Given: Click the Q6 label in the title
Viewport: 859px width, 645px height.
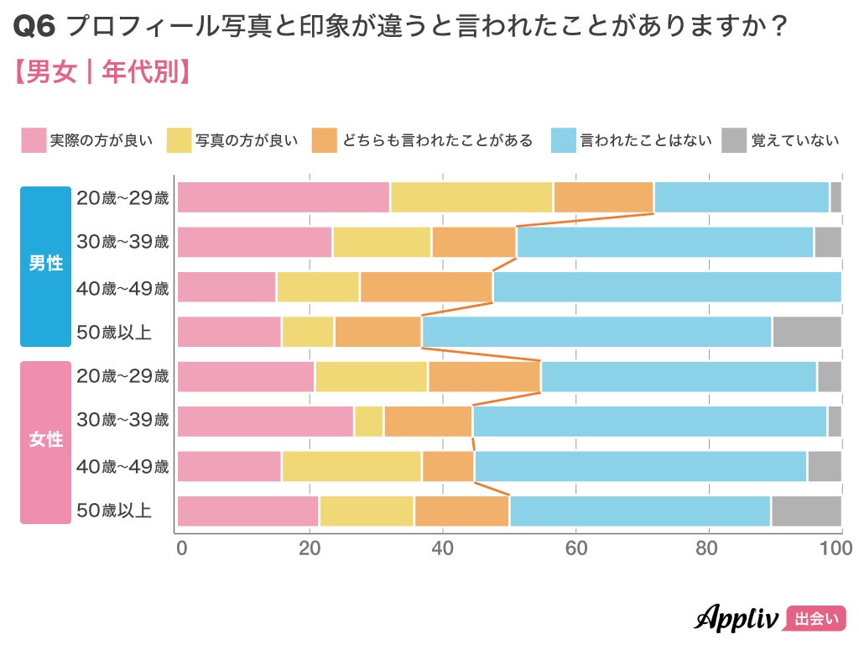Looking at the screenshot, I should [x=35, y=28].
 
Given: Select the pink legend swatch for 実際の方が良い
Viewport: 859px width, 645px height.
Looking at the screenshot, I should [x=34, y=140].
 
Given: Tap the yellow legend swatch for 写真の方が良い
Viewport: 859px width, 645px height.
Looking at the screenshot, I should [x=180, y=140].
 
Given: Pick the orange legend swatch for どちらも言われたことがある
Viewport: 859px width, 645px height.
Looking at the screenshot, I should [x=324, y=140].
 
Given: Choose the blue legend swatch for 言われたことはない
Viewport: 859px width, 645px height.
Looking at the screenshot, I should [x=563, y=140].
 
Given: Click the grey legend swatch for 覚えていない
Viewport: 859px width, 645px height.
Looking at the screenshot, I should [x=734, y=140].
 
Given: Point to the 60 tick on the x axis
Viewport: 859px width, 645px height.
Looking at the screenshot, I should [x=575, y=549].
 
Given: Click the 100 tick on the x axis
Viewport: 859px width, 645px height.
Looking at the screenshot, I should [x=836, y=549].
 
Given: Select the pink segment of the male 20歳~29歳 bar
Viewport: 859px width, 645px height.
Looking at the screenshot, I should [x=284, y=197].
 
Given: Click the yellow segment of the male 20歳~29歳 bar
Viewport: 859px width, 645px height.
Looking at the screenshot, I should [x=471, y=197].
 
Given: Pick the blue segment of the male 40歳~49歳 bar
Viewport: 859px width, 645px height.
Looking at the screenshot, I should [x=667, y=287].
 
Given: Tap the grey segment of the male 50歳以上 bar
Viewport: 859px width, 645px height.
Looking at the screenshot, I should [x=806, y=332].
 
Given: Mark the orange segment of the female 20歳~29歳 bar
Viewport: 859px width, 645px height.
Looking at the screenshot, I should [x=484, y=376].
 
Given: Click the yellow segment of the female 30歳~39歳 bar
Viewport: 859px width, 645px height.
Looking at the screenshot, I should [x=369, y=421].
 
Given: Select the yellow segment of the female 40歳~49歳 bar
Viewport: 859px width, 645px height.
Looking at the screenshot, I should [x=351, y=466].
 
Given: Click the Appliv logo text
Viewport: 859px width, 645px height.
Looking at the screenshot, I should [x=736, y=618].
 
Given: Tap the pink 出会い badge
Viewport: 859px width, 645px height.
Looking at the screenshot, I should [x=815, y=619].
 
